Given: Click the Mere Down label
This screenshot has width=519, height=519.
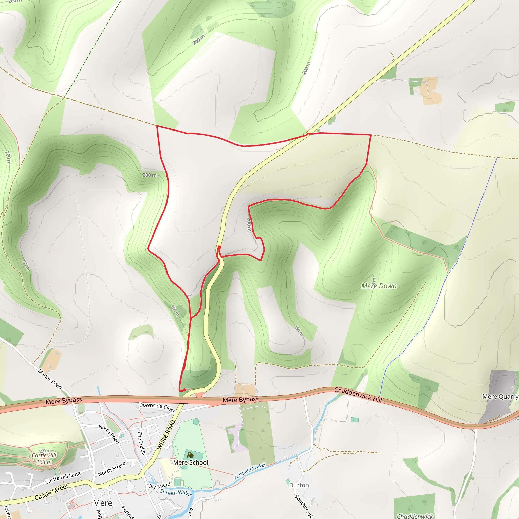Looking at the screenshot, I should click(x=379, y=286).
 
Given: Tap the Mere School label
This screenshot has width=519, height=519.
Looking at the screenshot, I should click(x=191, y=462).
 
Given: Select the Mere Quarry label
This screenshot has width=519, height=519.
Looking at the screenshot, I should click(x=500, y=397).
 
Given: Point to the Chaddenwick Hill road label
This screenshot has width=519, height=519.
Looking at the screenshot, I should click(x=358, y=395).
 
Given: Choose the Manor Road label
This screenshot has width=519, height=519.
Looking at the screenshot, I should click(x=50, y=379).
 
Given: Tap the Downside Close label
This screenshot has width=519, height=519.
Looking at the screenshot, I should click(x=157, y=407).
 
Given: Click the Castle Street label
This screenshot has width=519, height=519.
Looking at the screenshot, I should click(x=52, y=492).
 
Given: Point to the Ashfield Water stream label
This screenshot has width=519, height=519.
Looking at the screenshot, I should click(x=250, y=471).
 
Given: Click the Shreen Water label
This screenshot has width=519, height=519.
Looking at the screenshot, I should click(x=176, y=492).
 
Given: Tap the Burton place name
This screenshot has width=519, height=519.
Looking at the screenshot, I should click(x=299, y=485).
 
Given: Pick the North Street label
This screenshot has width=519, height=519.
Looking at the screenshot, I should click(x=112, y=469).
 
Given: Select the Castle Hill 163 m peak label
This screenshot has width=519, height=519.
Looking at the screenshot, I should click(x=44, y=458).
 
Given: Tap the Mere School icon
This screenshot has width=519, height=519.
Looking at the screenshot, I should click(x=191, y=455).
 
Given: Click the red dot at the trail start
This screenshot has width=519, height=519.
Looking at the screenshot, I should click(x=184, y=390).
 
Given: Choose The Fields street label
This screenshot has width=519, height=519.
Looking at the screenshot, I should click(x=142, y=443).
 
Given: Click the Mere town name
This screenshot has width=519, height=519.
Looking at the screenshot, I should click(x=103, y=503).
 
